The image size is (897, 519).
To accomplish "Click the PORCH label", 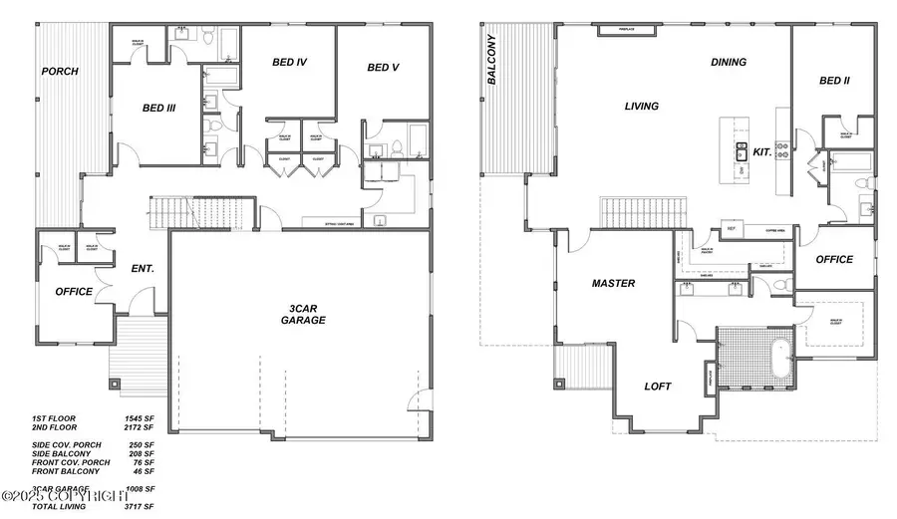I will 60,72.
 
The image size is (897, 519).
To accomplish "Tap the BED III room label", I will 159,108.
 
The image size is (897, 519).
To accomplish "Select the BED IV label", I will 289,63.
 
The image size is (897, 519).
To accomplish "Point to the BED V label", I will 383,68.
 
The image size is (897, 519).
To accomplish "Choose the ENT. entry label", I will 143,269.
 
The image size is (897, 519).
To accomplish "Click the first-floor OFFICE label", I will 74,292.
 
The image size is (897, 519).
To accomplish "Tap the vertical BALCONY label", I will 491,60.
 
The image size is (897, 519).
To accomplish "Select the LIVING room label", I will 641,107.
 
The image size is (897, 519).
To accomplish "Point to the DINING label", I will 728,62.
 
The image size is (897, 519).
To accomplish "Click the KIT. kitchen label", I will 763,151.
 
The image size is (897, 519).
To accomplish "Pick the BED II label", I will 833,81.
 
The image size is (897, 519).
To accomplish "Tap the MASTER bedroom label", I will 613,284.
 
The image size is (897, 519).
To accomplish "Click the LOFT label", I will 658,387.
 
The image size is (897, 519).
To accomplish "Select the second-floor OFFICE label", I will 834,259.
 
